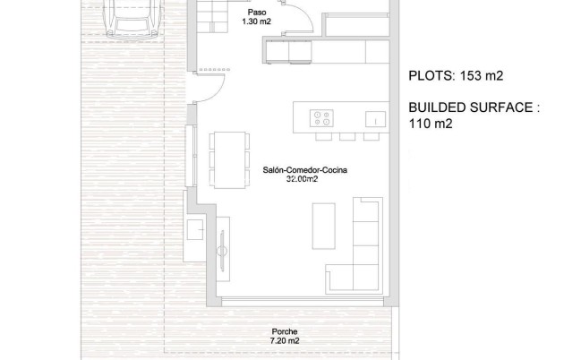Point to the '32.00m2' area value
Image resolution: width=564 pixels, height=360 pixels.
coord(301,179)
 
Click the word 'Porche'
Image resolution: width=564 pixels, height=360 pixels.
coord(284,331)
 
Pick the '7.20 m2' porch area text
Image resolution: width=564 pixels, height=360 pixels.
coord(284,341)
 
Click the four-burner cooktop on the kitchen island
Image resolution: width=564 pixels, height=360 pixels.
coord(321,117)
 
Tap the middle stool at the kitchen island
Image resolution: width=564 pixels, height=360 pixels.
coord(346,137)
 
